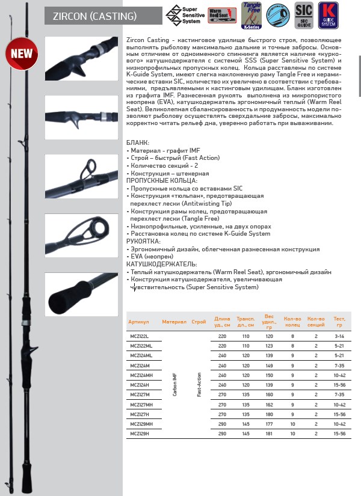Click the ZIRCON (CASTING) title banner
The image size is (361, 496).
pos(103,16)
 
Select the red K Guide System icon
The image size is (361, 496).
pos(328,15)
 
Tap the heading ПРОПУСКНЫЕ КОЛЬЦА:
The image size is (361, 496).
pos(161,180)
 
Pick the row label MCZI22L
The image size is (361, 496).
pos(138,337)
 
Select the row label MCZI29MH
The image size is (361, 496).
pos(140,423)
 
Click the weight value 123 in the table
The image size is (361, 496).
pos(269,346)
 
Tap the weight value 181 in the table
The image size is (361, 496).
pos(269,433)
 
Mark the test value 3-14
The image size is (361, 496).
pos(339,337)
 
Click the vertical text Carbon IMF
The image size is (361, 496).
pos(174,385)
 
